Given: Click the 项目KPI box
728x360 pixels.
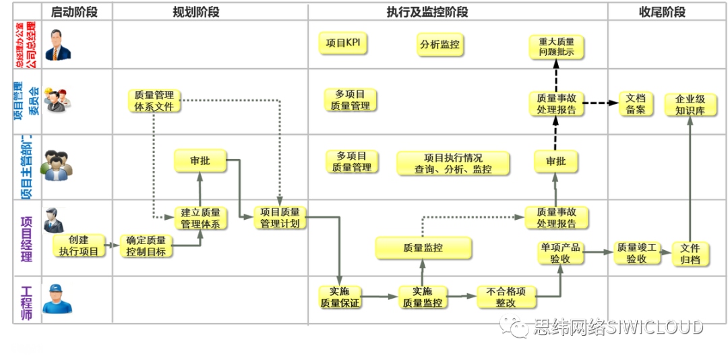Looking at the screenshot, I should coord(342,43).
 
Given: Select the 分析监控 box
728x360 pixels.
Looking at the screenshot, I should coord(439,44).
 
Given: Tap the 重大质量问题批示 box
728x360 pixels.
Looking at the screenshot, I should coord(556,46).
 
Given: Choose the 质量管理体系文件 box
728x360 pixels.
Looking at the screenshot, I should coord(154,100).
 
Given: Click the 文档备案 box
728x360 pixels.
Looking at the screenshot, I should coord(636,104).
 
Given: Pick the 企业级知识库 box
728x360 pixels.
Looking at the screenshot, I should coord(690,104).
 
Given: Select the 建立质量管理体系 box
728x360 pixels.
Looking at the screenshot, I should coord(200,218).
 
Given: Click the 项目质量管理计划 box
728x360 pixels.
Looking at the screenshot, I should coord(280,217).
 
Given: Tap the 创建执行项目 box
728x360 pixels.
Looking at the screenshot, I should coord(78,245).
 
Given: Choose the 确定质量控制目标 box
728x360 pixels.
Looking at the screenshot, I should coord(146,245).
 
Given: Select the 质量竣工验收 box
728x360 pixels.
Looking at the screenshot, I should coord(636,252).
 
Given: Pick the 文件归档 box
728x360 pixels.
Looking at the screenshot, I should coord(690,253).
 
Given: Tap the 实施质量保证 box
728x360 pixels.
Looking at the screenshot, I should coord(340,297).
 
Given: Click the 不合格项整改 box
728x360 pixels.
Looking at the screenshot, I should coord(506,297).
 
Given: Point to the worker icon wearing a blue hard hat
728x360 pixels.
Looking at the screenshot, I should coord(57,299).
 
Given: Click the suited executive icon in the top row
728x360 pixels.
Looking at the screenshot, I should coord(58,45).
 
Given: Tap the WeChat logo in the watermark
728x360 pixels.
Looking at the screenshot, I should coord(518,328).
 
